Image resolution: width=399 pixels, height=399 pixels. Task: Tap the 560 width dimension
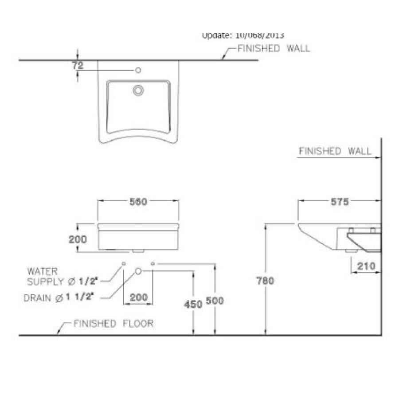pyautogui.click(x=138, y=201)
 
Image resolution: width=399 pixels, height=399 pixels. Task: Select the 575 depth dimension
pyautogui.click(x=339, y=202)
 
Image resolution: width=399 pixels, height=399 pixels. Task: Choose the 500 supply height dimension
pyautogui.click(x=215, y=301)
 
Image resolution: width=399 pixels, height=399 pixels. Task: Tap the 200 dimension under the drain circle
pyautogui.click(x=139, y=297)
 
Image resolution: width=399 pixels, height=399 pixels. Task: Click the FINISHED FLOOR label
pyautogui.click(x=113, y=324)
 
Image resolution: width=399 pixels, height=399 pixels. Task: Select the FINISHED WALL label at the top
pyautogui.click(x=274, y=49)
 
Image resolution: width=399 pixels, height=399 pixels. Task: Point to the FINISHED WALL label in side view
pyautogui.click(x=335, y=151)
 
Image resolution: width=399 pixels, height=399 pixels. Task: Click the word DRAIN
pyautogui.click(x=38, y=298)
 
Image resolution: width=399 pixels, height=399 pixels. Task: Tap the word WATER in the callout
pyautogui.click(x=43, y=271)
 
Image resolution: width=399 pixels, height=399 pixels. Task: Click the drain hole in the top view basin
pyautogui.click(x=138, y=90)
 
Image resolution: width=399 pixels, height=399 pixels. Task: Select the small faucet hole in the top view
pyautogui.click(x=138, y=70)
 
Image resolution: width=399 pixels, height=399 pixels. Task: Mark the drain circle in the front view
pyautogui.click(x=138, y=270)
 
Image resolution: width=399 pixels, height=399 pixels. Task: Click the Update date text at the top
pyautogui.click(x=243, y=35)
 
